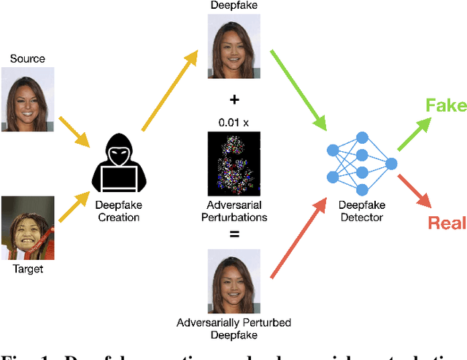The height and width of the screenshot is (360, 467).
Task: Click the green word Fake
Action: [x=447, y=107]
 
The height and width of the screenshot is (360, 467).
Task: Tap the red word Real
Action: [x=447, y=222]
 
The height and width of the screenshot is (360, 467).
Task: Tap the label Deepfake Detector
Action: [x=362, y=211]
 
